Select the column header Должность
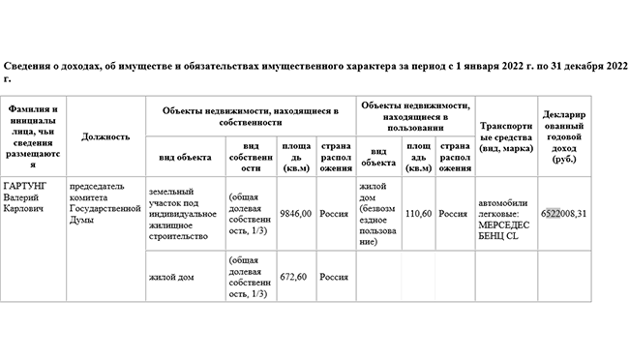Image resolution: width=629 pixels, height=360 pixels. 105,136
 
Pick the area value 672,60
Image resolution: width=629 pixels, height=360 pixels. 294,277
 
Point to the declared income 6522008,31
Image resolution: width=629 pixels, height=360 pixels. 563,213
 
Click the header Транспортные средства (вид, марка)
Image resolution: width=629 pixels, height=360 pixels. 504,136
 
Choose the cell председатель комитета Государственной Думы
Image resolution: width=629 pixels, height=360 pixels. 104,195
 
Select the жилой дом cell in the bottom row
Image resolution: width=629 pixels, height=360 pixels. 172,277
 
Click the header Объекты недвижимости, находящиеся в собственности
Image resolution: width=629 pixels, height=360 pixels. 249,116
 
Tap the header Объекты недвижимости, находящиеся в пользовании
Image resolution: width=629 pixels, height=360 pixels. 415,113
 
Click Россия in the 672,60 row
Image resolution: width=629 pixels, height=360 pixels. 334,277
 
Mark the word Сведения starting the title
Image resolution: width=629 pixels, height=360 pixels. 30,66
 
